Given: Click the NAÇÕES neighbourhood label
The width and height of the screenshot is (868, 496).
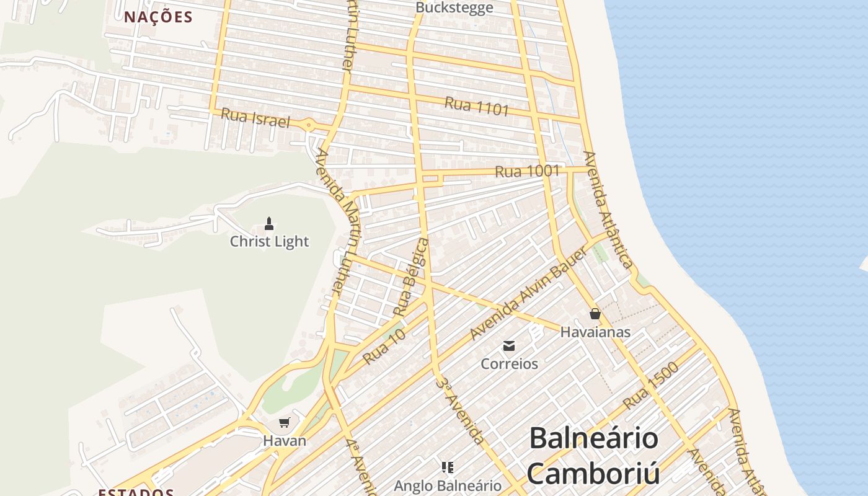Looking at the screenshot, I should click(x=158, y=17).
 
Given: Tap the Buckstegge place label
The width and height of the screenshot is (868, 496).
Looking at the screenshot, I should click(x=454, y=7).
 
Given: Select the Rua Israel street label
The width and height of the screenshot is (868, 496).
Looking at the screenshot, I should click(x=255, y=118).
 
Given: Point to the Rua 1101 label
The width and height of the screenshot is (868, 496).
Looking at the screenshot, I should click(x=476, y=107).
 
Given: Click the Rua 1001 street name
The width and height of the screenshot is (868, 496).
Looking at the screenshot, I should click(x=528, y=170).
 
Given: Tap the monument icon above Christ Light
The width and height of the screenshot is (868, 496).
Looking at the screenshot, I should click(x=269, y=223).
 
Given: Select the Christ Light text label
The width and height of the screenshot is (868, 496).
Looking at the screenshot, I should click(x=269, y=241).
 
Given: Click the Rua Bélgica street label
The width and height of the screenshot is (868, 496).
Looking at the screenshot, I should click(x=414, y=277).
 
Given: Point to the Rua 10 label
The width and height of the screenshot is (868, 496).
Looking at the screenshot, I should click(x=384, y=346).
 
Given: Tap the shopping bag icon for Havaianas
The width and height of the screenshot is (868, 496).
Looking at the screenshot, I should click(x=595, y=314).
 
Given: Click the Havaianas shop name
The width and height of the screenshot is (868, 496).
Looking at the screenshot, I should click(x=595, y=332).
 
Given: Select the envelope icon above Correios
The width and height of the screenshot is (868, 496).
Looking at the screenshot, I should click(x=509, y=346).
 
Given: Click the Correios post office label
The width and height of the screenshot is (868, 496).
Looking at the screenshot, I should click(x=509, y=363).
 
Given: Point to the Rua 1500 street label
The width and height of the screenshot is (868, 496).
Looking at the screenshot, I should click(x=650, y=385).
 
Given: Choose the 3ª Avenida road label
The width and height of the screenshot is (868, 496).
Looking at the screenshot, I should click(x=459, y=410).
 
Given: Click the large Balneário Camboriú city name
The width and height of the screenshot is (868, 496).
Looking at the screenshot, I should click(x=593, y=456).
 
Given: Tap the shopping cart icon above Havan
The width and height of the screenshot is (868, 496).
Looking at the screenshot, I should click(x=285, y=423).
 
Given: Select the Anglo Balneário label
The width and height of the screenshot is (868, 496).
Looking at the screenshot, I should click(x=448, y=485).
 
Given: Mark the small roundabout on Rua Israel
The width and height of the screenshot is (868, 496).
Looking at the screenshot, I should click(x=309, y=125).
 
